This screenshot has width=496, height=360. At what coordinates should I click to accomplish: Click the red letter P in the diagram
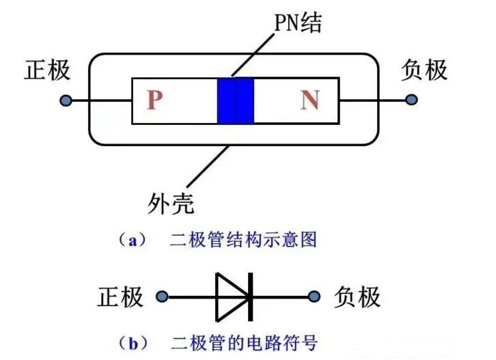pos(155,101)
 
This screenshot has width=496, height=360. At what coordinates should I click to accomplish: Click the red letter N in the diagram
pos(309,101)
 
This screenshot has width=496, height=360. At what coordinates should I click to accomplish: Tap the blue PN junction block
pos(235,101)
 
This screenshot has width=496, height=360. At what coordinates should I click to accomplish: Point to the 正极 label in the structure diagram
pos(47,70)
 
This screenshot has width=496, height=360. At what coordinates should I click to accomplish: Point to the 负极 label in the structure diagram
pos(425,70)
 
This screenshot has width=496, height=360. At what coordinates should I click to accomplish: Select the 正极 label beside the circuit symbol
pos(120,297)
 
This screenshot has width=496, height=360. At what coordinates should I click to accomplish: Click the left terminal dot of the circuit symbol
pos(162,297)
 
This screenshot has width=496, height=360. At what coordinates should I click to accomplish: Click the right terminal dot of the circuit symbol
pos(314,297)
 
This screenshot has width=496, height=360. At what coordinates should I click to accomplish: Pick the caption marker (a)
pos(129,240)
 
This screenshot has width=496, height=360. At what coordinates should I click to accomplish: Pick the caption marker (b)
pos(129,340)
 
